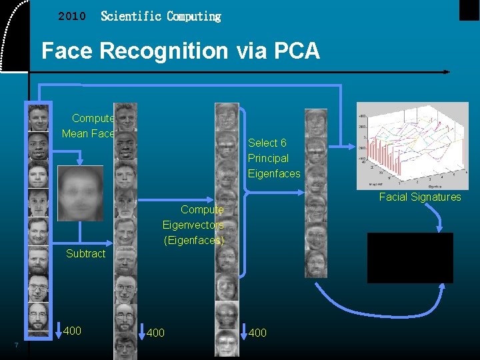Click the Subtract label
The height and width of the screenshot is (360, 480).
(86, 253)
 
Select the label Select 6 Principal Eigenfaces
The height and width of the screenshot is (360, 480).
(273, 159)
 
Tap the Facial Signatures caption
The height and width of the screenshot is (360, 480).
(420, 197)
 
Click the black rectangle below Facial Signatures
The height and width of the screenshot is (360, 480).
(410, 258)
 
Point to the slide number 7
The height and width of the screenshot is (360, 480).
(16, 345)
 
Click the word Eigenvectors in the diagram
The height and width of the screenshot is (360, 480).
(193, 225)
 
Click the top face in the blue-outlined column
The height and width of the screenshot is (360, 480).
(38, 118)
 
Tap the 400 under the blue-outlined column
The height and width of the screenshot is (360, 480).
(72, 331)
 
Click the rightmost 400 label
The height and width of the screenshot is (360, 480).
(257, 333)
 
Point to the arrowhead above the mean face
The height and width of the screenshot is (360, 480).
(80, 161)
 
